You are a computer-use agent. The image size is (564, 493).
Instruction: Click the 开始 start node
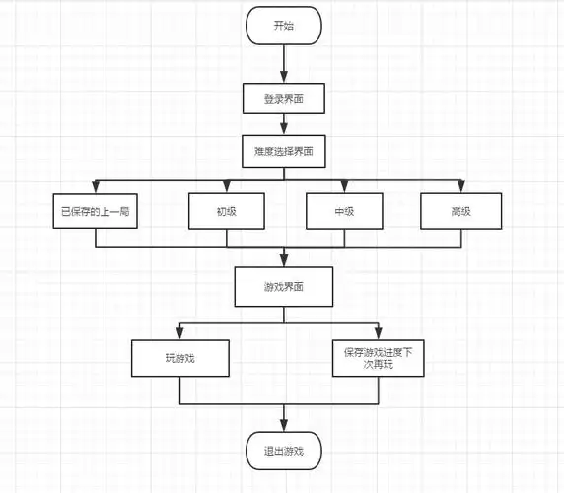pos(283,26)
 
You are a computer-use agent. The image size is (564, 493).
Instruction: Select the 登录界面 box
pos(283,99)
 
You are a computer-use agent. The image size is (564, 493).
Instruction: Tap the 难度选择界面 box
pos(283,151)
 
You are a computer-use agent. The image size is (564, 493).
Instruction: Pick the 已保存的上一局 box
pos(95,211)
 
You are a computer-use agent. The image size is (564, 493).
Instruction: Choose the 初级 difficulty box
pos(227,211)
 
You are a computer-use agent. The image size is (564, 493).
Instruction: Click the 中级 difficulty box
pos(344,211)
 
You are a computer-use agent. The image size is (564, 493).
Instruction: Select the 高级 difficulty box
pos(460,211)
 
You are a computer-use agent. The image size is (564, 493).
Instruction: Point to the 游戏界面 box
pos(283,287)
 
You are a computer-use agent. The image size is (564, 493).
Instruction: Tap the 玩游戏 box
pos(180,357)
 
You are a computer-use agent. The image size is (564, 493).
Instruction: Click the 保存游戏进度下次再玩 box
pos(378,357)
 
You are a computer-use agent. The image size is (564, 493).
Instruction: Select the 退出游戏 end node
pos(283,451)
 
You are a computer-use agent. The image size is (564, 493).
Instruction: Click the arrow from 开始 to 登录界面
pos(283,63)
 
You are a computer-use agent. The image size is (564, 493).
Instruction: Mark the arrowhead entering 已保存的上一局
pos(95,187)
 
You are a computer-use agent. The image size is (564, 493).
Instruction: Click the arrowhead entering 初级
pos(227,187)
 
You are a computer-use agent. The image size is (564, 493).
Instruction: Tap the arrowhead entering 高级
pos(460,187)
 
